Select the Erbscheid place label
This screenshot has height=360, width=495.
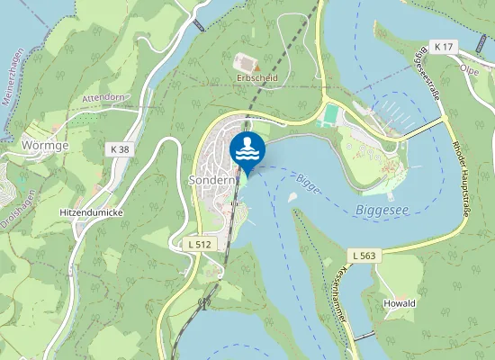point(256,78)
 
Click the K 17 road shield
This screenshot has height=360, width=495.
point(443,45)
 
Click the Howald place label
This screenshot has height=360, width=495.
point(400,303)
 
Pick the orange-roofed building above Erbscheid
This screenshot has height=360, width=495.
point(246,63)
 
